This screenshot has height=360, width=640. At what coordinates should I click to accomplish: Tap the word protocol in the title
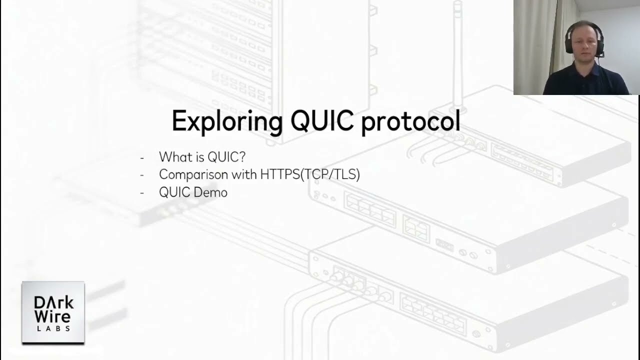coord(410,121)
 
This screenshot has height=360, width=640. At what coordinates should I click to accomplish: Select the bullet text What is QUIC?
coord(202,157)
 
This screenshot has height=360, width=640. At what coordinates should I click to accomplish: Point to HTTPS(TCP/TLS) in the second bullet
coord(310,174)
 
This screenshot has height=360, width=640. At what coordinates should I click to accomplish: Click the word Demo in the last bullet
coord(213,192)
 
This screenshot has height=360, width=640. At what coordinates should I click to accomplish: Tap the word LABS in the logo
coord(53,328)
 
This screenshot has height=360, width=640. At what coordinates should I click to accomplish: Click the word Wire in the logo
coord(52,316)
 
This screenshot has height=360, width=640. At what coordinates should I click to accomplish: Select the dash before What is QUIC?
coord(142,157)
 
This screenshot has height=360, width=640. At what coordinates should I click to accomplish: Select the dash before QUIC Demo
coord(142,193)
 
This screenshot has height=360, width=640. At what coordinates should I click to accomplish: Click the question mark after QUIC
coord(242,157)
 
